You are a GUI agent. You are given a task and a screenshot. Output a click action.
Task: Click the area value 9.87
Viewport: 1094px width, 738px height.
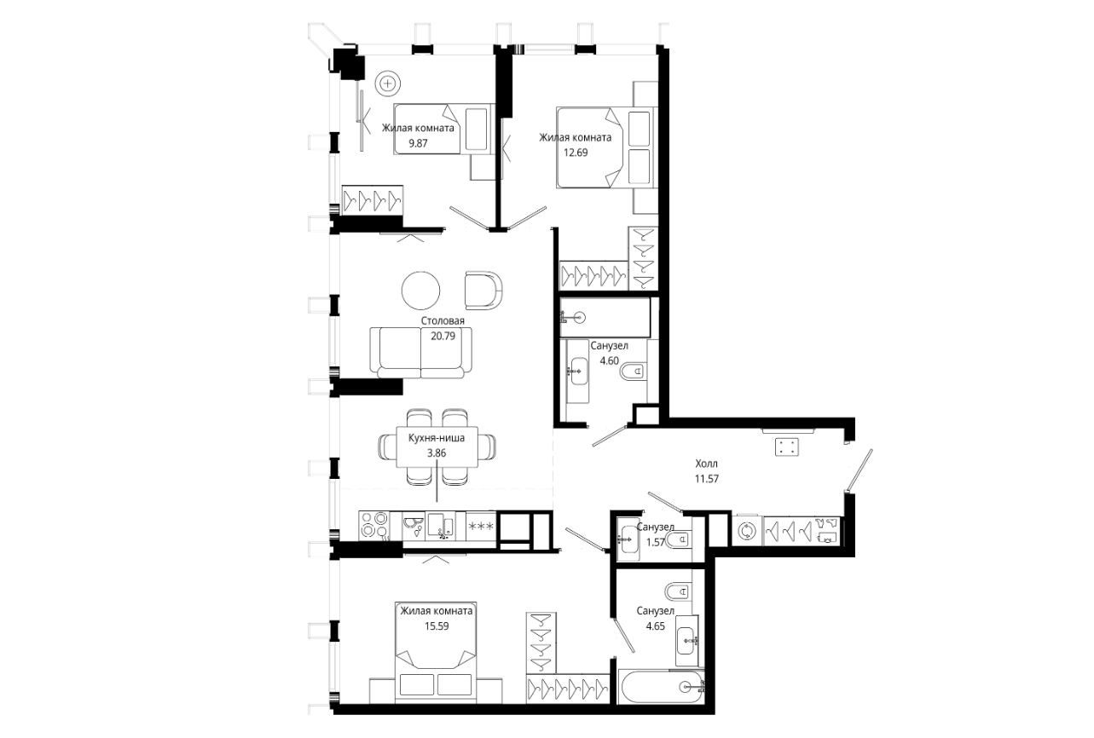click(x=418, y=143)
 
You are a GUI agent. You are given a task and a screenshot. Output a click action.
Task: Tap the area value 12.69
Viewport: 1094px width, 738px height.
click(x=576, y=153)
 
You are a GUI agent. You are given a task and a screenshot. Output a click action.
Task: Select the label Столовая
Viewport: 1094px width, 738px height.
click(x=443, y=320)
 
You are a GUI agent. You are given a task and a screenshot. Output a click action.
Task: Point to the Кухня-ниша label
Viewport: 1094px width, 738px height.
click(x=437, y=438)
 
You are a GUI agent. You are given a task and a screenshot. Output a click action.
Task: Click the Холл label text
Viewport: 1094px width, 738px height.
click(x=707, y=464)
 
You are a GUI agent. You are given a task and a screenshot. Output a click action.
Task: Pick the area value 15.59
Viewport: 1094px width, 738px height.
click(x=437, y=626)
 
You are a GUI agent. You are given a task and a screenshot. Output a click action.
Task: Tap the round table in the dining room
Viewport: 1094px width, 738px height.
click(x=420, y=291)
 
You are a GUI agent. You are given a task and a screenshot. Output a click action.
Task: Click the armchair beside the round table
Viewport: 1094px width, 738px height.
click(x=483, y=291)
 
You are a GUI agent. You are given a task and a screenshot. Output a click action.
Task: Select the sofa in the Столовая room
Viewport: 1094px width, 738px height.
click(x=421, y=353)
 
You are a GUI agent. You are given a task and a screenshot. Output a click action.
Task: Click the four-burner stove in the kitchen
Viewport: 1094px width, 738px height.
click(x=374, y=525)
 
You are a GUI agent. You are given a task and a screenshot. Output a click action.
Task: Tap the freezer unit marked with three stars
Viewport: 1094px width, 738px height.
click(x=481, y=526)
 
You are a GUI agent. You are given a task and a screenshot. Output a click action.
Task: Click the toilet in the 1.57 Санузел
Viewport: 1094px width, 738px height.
click(x=680, y=539)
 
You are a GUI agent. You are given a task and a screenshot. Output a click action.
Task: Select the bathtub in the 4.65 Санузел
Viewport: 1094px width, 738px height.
click(x=662, y=687)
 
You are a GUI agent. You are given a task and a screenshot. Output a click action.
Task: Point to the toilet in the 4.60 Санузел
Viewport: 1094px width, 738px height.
click(x=634, y=372)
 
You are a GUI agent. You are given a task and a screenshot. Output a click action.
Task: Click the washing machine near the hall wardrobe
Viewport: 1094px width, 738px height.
click(x=747, y=531)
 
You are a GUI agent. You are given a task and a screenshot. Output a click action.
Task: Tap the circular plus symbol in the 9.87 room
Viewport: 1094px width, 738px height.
click(x=388, y=84)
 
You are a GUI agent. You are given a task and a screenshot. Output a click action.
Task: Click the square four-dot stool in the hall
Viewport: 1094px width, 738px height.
click(x=787, y=447)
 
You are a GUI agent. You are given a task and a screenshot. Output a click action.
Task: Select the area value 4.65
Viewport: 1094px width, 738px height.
click(x=656, y=626)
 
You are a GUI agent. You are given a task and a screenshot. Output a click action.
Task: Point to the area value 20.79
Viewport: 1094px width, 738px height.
click(x=443, y=336)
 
